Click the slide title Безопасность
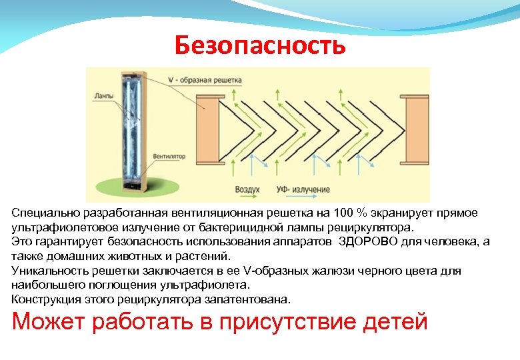[x=260, y=45]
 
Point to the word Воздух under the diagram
[x=247, y=190]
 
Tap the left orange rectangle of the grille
[x=210, y=130]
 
